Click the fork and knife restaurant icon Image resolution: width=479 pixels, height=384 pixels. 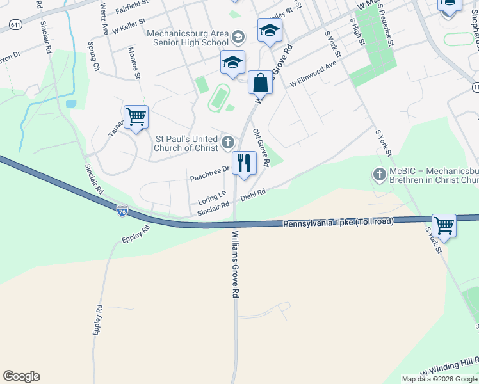click(x=243, y=163)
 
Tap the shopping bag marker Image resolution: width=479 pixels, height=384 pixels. click(x=260, y=83)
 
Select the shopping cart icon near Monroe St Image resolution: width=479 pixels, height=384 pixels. click(x=136, y=118)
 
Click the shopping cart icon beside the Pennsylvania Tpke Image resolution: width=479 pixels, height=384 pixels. click(x=444, y=226)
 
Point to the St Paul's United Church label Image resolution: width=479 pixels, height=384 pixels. click(x=186, y=143)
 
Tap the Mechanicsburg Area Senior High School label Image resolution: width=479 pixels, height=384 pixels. click(x=187, y=38)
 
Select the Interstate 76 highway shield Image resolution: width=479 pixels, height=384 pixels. click(x=122, y=211)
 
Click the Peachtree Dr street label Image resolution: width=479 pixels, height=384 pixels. click(x=208, y=173)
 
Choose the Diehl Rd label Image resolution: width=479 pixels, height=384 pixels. click(x=253, y=195)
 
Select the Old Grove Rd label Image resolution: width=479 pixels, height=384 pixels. click(x=260, y=148)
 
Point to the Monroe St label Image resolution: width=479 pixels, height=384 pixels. click(x=134, y=63)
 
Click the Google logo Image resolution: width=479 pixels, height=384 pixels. click(x=21, y=376)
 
